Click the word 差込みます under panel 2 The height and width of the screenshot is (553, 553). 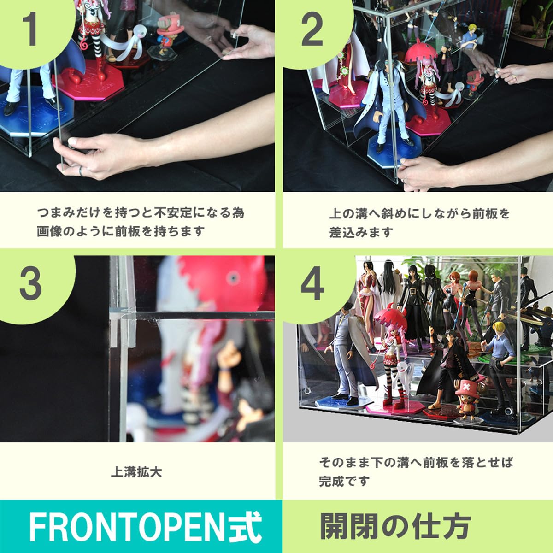pos(361,232)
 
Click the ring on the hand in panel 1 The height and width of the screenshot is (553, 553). pos(80,171)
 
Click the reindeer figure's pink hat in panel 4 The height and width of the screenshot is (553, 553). pos(469,383)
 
